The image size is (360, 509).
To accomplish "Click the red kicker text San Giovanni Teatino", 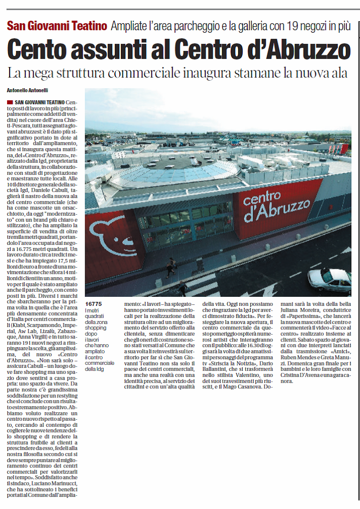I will point(57,26).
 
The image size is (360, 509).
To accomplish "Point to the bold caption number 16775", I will point(94,304).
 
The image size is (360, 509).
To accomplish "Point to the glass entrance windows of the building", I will point(186,222).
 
